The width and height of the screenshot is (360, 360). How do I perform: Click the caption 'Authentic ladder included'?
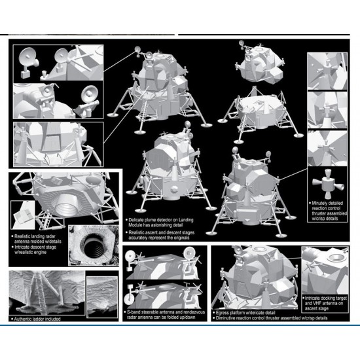(37, 319)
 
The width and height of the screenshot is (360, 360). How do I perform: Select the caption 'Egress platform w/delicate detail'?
(245, 313)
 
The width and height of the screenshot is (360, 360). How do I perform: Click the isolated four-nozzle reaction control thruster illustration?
(327, 183)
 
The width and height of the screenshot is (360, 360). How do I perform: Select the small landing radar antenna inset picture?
(23, 215)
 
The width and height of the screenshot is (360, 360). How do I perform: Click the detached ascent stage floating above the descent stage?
(261, 64)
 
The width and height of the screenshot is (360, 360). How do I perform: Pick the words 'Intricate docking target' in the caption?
(326, 298)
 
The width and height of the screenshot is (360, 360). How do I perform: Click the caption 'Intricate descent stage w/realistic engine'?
(35, 250)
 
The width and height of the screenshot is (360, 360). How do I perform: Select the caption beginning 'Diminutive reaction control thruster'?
(272, 318)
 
